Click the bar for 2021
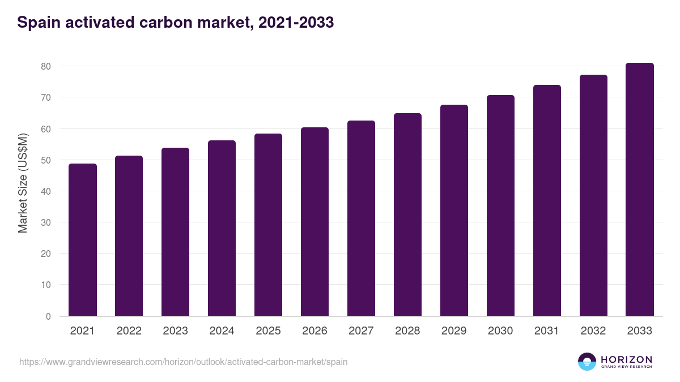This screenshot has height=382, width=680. point(83,240)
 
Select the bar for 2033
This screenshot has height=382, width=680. point(640,190)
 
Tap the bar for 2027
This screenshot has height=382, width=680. point(361,218)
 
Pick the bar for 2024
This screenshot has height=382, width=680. point(222,228)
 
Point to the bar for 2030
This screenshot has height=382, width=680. point(500,205)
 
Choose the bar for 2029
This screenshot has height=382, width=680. point(454,211)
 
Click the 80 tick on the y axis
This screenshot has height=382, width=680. point(46,66)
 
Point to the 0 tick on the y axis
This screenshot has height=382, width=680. point(48,316)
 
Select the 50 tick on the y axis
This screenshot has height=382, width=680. point(46,160)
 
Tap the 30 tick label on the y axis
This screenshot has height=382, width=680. point(46,222)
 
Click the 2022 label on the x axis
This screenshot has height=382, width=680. point(129,331)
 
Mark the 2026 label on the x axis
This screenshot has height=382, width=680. point(314,331)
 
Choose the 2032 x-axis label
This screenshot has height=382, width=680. point(593,331)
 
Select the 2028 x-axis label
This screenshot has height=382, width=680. point(407,331)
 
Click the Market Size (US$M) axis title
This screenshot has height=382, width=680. point(23,183)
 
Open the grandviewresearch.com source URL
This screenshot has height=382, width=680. point(184,362)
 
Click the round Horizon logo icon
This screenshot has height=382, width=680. point(587,362)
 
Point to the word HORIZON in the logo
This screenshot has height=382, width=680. point(626,359)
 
